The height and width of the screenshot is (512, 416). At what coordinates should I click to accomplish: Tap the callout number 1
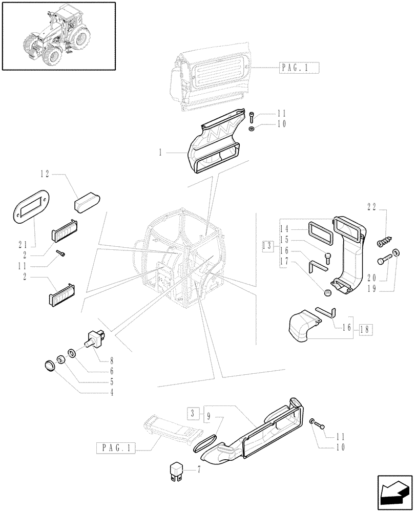click(x=161, y=152)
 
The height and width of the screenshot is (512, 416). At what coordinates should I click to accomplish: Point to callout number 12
click(x=45, y=175)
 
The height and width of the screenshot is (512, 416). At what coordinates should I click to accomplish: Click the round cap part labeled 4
click(x=49, y=366)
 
